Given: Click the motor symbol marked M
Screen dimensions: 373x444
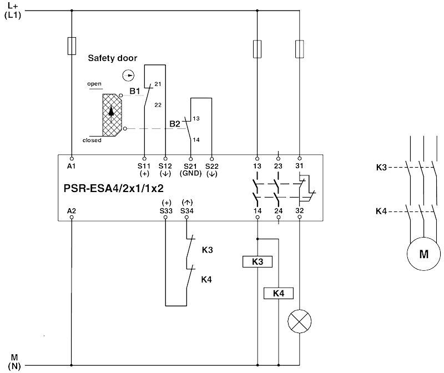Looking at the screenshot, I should pos(423,254).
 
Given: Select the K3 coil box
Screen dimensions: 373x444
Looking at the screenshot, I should pos(257,261).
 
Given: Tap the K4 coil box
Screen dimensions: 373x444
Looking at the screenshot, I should pos(278,293).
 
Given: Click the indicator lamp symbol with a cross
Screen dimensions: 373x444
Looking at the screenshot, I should pos(300,321).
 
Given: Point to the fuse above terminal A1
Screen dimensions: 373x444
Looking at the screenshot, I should pos(72,46).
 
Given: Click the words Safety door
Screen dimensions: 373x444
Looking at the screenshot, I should pos(112,58).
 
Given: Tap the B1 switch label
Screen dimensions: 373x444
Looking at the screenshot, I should pos(134,90).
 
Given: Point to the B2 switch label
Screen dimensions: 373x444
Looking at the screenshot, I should pos(175,123).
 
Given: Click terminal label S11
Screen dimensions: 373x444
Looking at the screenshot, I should pos(144,165).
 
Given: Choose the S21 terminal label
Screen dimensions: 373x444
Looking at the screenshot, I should pos(190,165).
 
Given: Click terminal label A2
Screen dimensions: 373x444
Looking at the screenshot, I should pos(72,211).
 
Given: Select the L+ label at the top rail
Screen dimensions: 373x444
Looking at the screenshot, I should pos(12,5).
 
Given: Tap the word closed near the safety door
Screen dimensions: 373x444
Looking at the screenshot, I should pos(92,140).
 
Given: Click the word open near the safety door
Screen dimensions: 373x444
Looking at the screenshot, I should pos(94,84).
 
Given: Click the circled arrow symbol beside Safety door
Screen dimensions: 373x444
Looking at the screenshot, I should pos(129,74).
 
